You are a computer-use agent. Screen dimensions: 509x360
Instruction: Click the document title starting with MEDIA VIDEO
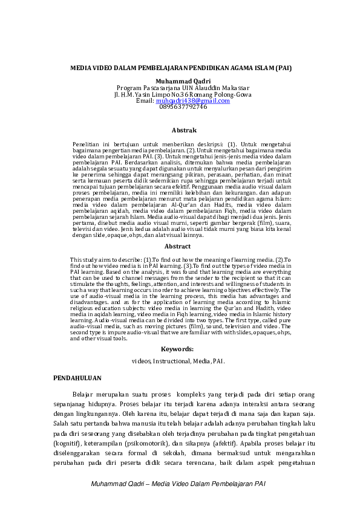pyautogui.click(x=182, y=68)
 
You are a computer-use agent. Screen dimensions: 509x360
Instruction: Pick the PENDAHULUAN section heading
pyautogui.click(x=77, y=378)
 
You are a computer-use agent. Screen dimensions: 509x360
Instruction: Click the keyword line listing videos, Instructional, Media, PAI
pyautogui.click(x=178, y=360)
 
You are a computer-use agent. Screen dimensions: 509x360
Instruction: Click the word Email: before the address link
pyautogui.click(x=145, y=100)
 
